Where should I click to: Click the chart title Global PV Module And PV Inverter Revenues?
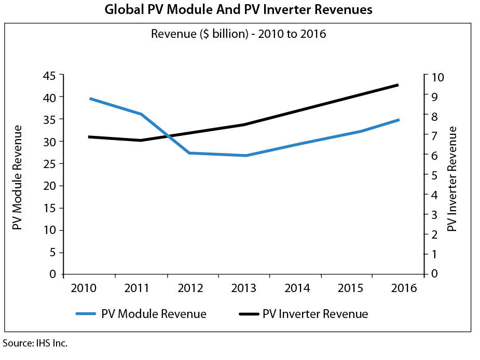click(x=238, y=10)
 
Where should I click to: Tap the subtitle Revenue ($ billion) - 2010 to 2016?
click(x=238, y=35)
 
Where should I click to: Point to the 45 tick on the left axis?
click(x=51, y=76)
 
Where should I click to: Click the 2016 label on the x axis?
click(x=404, y=288)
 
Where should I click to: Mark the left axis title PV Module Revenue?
click(x=18, y=177)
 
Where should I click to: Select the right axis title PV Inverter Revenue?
click(x=452, y=178)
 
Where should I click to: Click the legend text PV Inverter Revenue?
click(x=316, y=314)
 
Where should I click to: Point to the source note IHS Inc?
click(x=35, y=343)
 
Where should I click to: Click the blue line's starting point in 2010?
click(x=90, y=99)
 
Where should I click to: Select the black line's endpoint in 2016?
click(x=398, y=85)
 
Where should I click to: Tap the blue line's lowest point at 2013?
click(x=245, y=156)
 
